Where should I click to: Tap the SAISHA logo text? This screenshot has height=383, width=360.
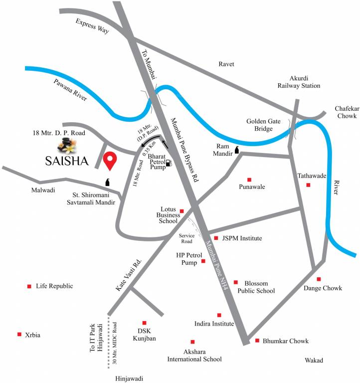(66, 161)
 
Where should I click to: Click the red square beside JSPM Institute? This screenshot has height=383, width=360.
(216, 238)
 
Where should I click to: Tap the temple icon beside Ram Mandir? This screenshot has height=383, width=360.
(237, 149)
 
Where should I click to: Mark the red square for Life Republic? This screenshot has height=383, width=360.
(29, 286)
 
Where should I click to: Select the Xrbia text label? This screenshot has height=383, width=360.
(32, 335)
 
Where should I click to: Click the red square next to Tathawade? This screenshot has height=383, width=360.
(308, 185)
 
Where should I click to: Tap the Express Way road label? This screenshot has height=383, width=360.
(93, 27)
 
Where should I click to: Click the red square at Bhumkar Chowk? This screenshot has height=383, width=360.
(257, 341)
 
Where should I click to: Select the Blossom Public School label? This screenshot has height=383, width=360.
(256, 287)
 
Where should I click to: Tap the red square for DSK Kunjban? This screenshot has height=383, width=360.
(144, 323)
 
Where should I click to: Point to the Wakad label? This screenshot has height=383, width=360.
(314, 361)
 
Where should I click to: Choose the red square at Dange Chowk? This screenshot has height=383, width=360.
(319, 279)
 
